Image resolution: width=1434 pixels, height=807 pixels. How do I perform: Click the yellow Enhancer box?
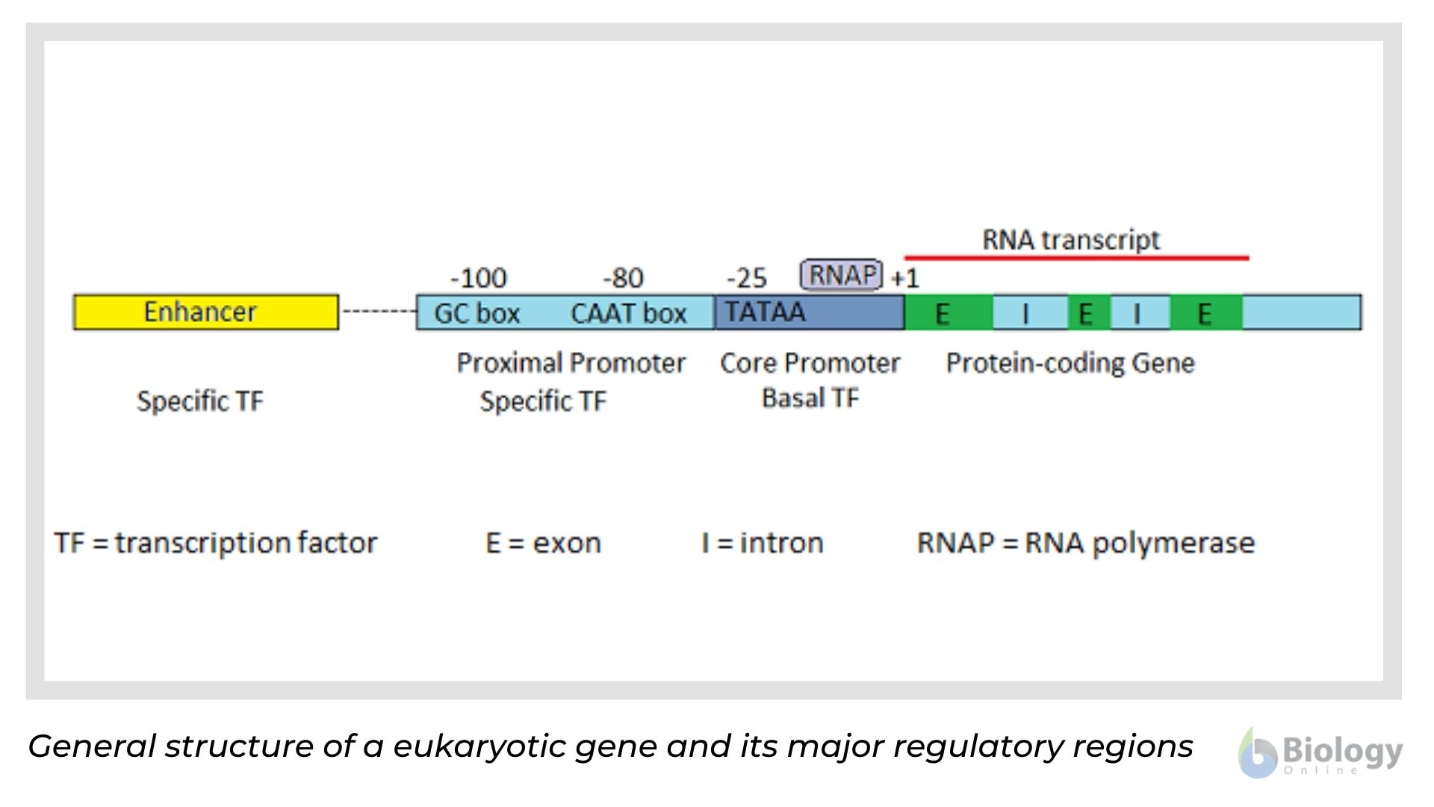[x=205, y=312]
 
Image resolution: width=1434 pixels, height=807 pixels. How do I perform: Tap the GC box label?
[x=477, y=313]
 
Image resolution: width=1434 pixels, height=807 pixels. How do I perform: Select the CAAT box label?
[x=628, y=313]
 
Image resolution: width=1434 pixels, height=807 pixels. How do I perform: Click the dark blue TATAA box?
[x=809, y=312]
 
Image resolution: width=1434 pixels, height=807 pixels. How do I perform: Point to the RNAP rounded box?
[x=842, y=275]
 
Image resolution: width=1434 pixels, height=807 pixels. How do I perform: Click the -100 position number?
[x=478, y=279]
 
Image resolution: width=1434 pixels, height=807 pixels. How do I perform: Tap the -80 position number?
[x=623, y=279]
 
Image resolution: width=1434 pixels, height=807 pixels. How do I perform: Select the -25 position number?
[x=746, y=279]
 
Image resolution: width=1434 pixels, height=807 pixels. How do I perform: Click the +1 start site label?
[x=904, y=279]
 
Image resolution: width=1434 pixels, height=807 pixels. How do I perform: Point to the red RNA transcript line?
[x=1075, y=258]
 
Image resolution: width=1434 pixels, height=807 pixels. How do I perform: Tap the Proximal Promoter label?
[x=571, y=363]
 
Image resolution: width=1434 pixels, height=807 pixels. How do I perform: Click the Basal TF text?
[x=810, y=398]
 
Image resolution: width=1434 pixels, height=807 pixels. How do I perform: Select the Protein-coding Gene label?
[x=1070, y=363]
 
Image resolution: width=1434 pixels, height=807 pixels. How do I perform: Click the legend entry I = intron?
[x=762, y=542]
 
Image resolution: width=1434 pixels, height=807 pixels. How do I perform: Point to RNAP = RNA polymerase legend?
[x=1085, y=542]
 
